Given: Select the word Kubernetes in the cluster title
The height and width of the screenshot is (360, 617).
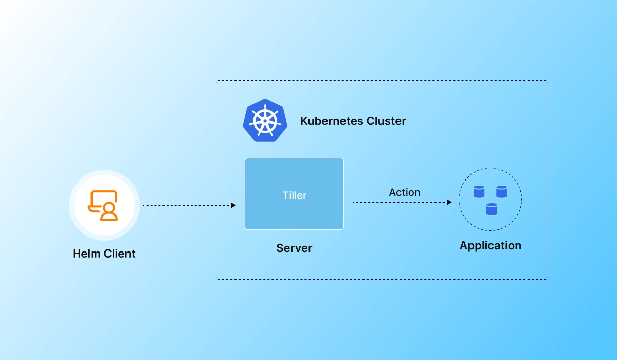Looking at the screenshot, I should point(332,121).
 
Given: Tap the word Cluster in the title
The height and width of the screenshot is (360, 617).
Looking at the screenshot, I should point(386,121).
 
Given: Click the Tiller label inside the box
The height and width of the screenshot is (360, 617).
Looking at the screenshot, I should point(295,195).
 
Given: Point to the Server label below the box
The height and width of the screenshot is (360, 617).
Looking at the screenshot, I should point(294,248).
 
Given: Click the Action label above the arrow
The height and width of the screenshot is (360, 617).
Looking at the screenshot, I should point(405,192).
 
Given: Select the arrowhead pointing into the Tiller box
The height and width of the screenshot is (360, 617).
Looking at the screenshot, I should point(233,205).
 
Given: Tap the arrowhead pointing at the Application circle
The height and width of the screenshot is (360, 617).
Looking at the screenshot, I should point(449,202).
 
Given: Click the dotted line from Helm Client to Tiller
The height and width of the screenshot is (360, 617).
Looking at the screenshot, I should point(185,205).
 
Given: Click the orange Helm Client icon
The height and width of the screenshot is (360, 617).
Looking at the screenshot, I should point(103,205).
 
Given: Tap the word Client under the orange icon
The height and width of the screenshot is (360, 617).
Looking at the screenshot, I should point(120,254).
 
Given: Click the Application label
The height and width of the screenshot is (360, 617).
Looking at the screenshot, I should point(491,245).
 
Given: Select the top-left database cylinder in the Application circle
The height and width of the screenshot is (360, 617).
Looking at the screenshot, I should point(479,192).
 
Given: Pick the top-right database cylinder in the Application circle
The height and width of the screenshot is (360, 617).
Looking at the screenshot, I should point(502,192).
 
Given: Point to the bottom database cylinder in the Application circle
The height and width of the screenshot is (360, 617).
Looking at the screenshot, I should point(492,209).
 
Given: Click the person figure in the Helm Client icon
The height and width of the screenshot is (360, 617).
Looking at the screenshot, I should point(109,211).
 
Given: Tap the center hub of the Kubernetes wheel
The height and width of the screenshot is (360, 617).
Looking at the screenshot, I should point(265,121).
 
